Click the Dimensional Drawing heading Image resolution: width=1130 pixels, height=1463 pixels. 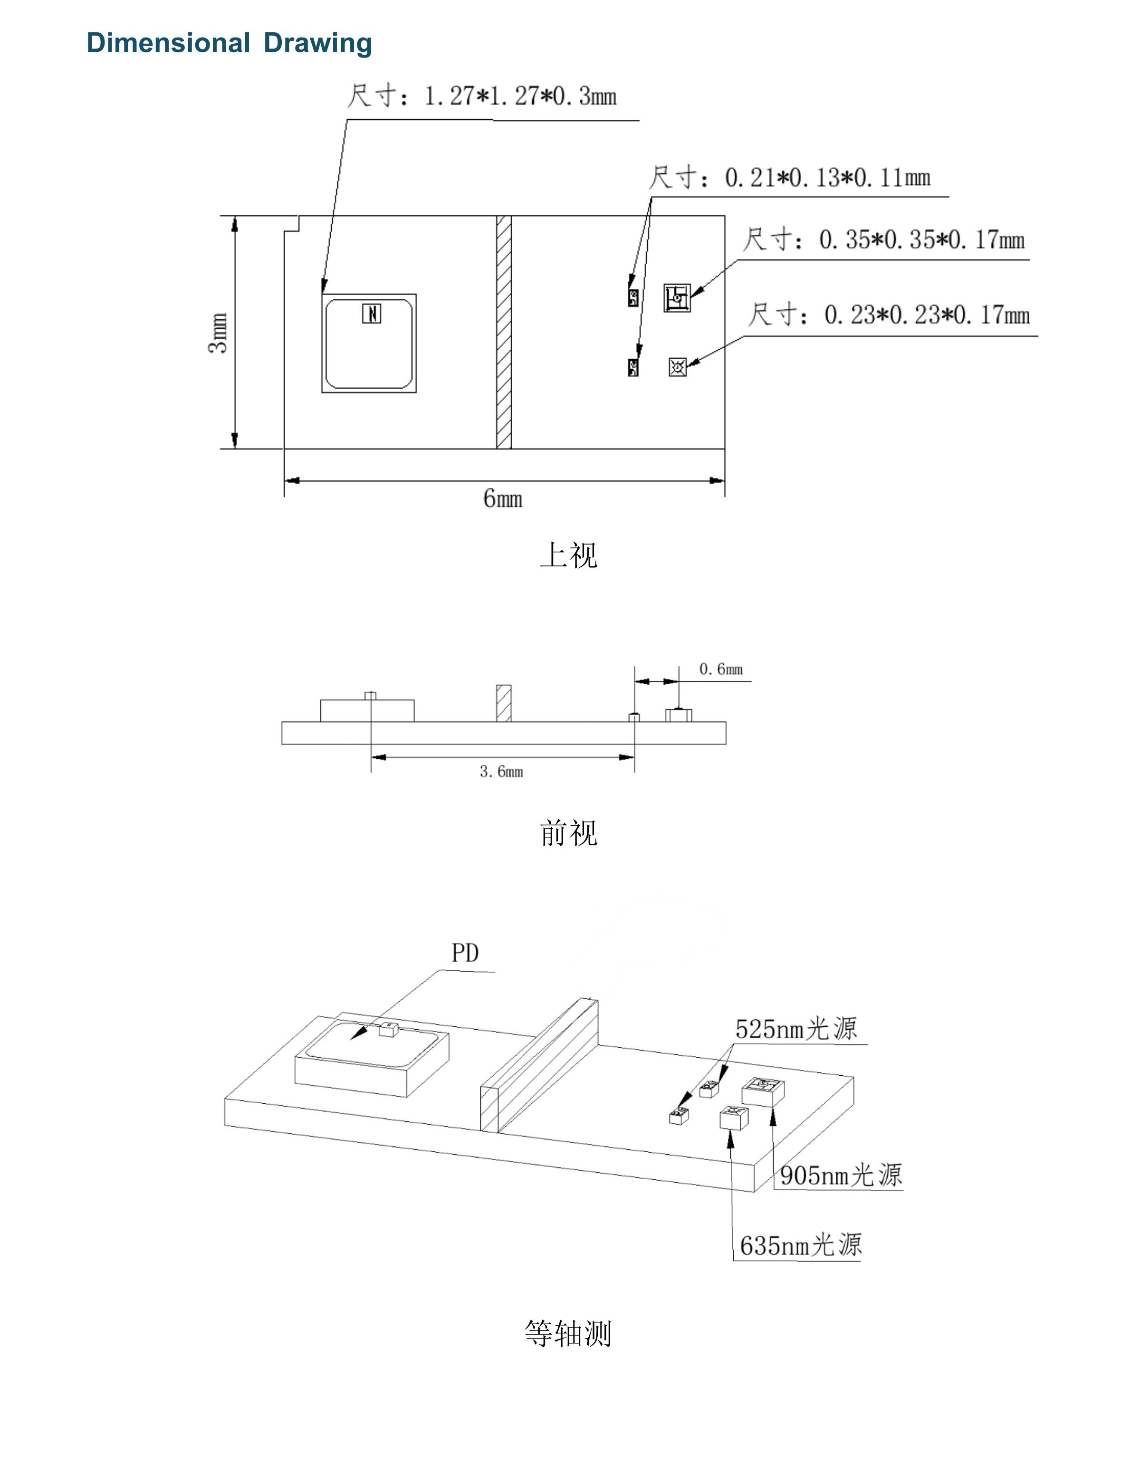[x=229, y=43]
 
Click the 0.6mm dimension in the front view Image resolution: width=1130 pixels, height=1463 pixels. [x=721, y=669]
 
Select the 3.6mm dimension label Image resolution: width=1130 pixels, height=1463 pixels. [x=501, y=772]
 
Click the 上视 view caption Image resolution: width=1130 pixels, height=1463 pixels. [x=568, y=555]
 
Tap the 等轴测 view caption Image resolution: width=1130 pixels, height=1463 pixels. [x=568, y=1334]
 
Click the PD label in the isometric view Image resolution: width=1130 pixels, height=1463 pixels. [x=465, y=953]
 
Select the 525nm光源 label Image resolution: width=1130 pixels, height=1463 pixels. [x=796, y=1029]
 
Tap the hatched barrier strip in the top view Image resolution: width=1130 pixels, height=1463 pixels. [x=504, y=332]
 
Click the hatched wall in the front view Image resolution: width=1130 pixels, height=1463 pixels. [x=504, y=703]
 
